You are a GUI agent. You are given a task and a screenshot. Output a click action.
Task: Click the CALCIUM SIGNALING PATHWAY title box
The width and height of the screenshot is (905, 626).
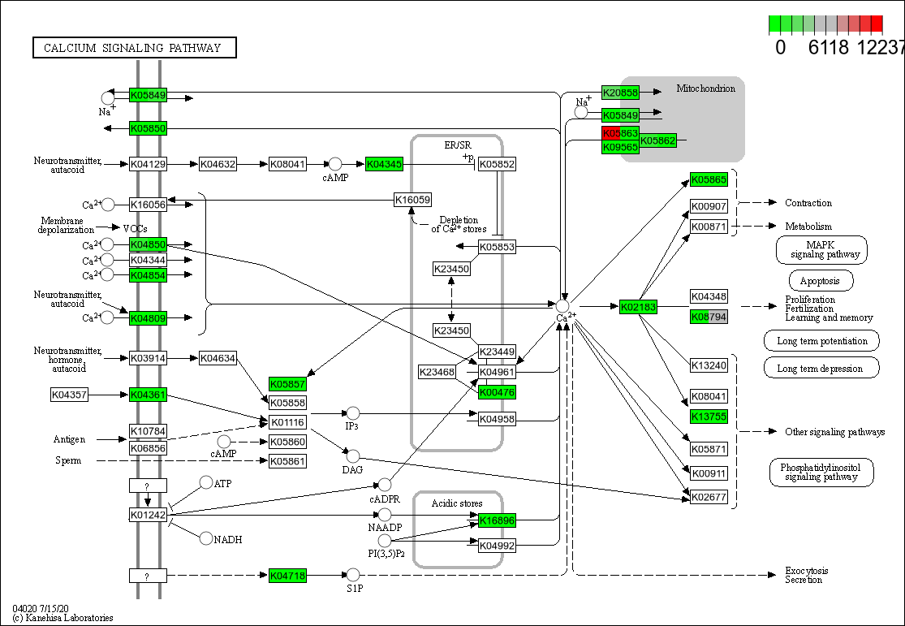(134, 48)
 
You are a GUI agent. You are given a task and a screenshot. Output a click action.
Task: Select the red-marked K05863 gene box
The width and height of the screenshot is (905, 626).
(621, 133)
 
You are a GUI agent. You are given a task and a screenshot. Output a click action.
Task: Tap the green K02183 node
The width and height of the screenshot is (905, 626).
(638, 307)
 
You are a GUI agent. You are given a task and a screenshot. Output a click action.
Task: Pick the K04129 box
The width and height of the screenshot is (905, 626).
(148, 164)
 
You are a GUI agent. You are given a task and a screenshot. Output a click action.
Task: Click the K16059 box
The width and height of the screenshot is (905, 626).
(412, 200)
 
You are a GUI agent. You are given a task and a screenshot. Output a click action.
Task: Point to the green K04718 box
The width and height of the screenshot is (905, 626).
(288, 576)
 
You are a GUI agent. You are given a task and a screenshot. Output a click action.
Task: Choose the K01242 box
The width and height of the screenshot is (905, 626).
(148, 515)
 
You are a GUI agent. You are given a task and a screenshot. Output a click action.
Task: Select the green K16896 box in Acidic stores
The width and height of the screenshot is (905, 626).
(497, 520)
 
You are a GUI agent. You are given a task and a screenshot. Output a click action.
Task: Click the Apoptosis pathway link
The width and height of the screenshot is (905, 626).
(815, 282)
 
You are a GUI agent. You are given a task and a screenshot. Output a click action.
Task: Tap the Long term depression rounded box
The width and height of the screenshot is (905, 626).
(821, 368)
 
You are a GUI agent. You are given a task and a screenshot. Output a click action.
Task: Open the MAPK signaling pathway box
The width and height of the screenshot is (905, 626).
(821, 250)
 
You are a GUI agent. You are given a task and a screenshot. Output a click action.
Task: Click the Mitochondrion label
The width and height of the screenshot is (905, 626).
(705, 89)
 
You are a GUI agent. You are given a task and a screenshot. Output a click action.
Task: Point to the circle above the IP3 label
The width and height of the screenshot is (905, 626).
(352, 413)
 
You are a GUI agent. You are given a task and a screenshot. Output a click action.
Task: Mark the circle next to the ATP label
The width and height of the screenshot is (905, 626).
(206, 483)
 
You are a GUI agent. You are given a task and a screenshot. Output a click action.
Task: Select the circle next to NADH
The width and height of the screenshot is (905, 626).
(206, 538)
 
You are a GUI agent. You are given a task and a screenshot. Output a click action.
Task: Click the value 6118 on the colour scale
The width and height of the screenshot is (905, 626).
(829, 47)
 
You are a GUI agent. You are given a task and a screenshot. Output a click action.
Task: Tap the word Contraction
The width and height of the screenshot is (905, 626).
(808, 203)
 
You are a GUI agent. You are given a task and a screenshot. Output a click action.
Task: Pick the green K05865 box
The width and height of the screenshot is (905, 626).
(709, 179)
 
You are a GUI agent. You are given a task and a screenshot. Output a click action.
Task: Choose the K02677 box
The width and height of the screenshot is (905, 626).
(709, 497)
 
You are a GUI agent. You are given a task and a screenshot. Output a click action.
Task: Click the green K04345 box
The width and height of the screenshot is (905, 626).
(384, 164)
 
